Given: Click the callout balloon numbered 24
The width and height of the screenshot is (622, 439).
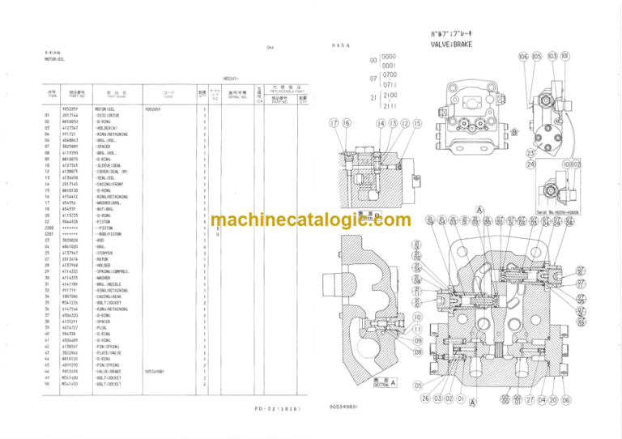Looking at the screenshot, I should pyautogui.click(x=531, y=164).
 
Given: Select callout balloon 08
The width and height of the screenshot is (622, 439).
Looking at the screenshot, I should pyautogui.click(x=418, y=352).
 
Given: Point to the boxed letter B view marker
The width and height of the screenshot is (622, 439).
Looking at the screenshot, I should pyautogui.click(x=513, y=132).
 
